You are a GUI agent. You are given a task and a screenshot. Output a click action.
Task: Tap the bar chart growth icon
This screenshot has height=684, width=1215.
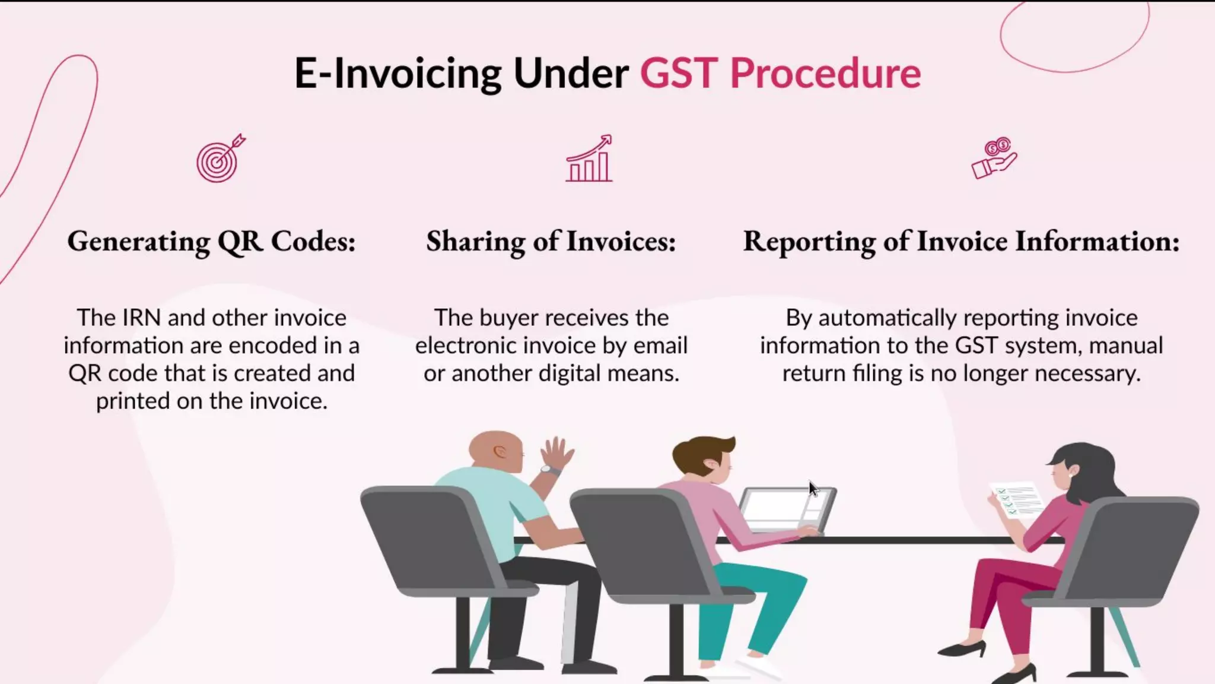[x=589, y=159]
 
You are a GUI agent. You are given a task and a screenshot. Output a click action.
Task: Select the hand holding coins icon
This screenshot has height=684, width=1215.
[x=994, y=159]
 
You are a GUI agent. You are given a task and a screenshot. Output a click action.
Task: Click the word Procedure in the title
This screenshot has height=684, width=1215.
[x=825, y=73]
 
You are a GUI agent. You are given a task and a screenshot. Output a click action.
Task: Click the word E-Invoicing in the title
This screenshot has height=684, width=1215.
[x=398, y=74]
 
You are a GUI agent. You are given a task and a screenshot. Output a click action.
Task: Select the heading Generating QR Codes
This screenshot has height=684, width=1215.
[x=211, y=242]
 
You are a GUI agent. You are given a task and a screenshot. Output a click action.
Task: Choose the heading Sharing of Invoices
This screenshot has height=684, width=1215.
[x=551, y=242]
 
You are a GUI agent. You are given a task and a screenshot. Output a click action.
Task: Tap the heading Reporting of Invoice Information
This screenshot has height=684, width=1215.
[x=961, y=242]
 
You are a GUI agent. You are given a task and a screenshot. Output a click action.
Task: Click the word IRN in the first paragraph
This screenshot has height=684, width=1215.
[x=141, y=318]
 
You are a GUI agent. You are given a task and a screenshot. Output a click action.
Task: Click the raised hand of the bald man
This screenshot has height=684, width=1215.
[x=556, y=452]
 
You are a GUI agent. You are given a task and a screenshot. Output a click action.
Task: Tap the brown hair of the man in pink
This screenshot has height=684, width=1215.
[x=701, y=451]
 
